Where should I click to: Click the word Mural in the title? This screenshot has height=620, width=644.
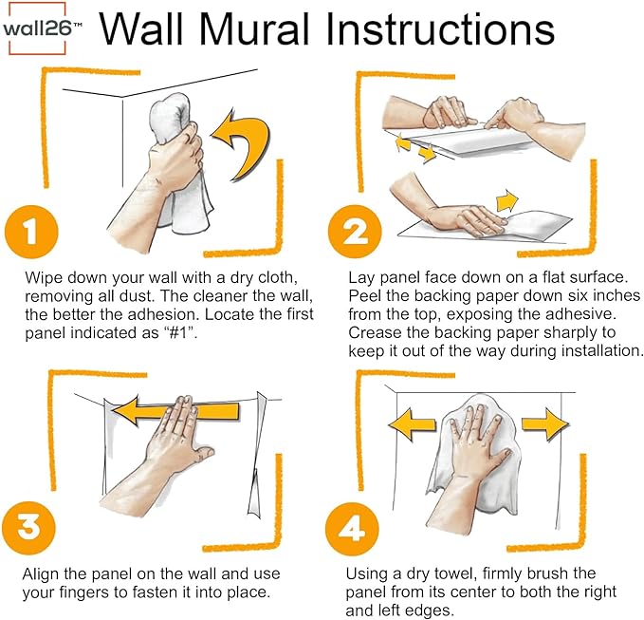(x=257, y=28)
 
